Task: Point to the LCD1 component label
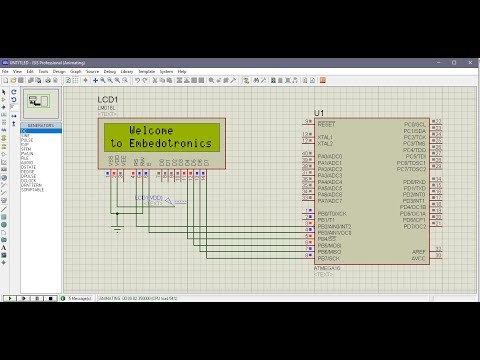(107, 102)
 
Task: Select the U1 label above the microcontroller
(319, 112)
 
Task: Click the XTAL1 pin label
(325, 136)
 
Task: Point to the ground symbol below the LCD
(117, 230)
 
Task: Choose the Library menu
(126, 71)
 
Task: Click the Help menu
(183, 71)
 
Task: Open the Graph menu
(75, 71)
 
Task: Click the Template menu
(146, 71)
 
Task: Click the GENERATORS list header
(40, 125)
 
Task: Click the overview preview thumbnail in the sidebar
(40, 101)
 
